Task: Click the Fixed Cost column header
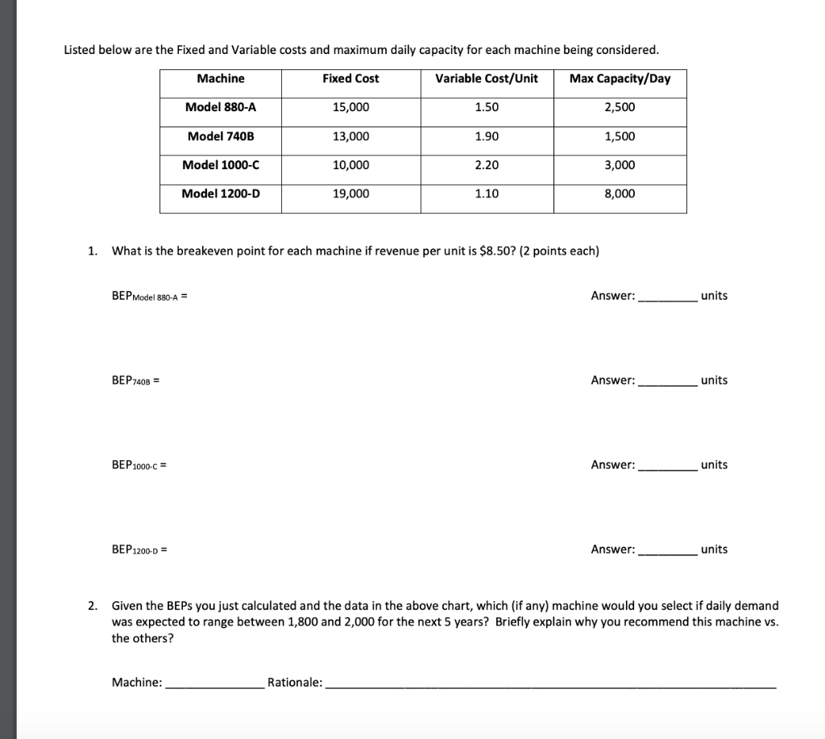[350, 78]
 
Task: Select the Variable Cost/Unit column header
[487, 78]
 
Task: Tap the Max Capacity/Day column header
[620, 78]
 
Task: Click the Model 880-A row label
[221, 107]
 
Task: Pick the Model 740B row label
[221, 136]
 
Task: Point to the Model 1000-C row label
[221, 164]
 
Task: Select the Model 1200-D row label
[221, 193]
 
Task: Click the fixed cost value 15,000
[350, 107]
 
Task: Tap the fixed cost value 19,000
[350, 193]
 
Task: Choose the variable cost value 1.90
[487, 136]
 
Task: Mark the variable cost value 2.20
[487, 164]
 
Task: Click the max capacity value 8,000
[620, 193]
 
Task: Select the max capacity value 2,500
[620, 107]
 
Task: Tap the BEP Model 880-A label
[149, 297]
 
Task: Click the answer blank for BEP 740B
[667, 381]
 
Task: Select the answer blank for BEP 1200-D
[667, 550]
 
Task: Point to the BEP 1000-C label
[139, 466]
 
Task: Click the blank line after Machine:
[214, 683]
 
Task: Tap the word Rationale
[294, 683]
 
